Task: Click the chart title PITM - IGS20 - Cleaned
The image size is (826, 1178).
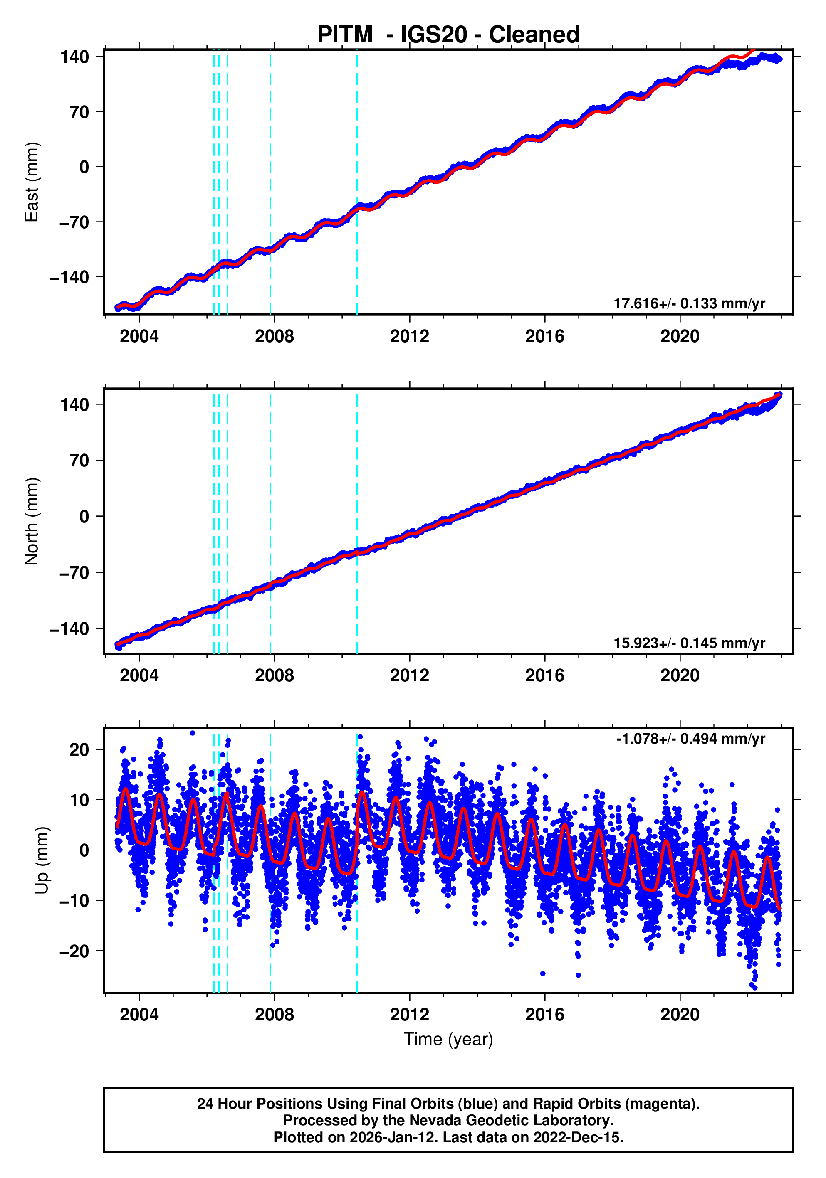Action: [448, 35]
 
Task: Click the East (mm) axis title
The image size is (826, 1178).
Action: [32, 182]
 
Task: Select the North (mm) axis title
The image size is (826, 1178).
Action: [32, 521]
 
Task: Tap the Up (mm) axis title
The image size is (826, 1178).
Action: [42, 860]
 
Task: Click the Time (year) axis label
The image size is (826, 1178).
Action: [448, 1039]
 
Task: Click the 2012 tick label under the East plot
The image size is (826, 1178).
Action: [409, 337]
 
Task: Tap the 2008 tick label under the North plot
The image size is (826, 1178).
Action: [274, 676]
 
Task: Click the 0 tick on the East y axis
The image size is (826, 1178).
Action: [84, 167]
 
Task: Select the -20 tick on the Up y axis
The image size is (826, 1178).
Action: [74, 951]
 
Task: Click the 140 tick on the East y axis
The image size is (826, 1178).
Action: [75, 57]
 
